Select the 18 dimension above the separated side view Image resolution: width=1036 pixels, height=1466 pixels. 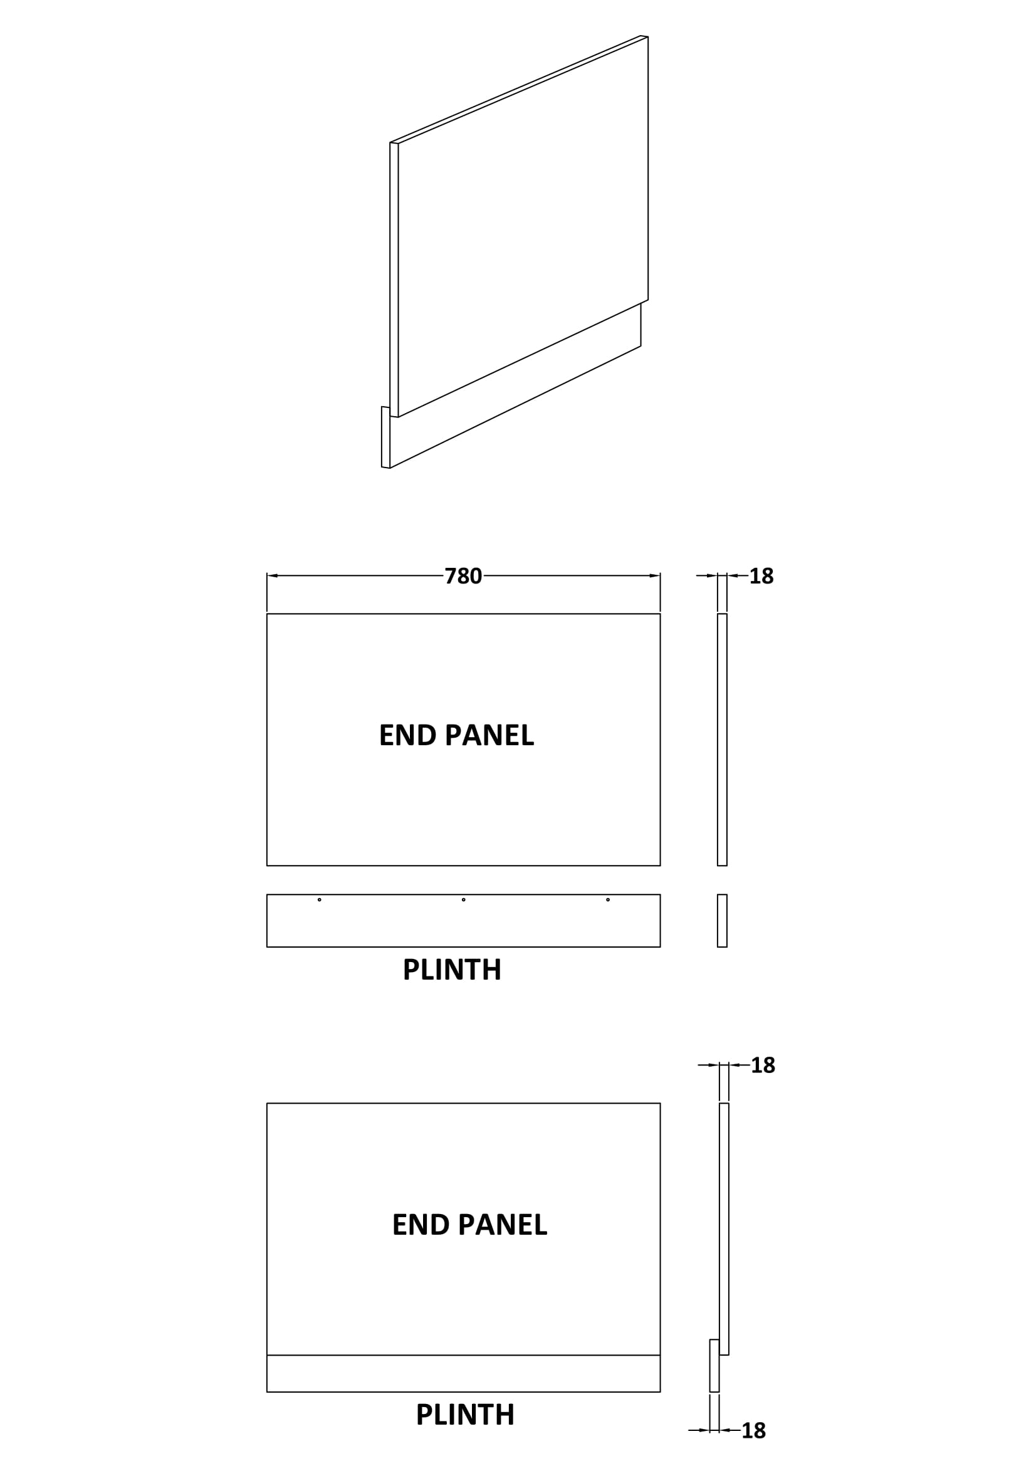(761, 576)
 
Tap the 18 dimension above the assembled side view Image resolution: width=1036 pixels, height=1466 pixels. (763, 1065)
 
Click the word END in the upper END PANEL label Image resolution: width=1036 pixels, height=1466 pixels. (407, 736)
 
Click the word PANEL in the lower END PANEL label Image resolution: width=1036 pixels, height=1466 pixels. (503, 1225)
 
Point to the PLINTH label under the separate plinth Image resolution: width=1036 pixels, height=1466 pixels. (452, 970)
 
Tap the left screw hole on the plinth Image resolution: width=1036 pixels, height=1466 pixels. (319, 899)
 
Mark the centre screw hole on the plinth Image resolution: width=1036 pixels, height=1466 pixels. (463, 899)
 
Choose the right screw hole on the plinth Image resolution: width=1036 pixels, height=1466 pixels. (608, 899)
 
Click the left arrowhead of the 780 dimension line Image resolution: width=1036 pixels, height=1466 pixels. (272, 576)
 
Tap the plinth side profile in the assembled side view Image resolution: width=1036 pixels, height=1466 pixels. (714, 1366)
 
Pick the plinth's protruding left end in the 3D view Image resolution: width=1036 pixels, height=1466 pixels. (385, 437)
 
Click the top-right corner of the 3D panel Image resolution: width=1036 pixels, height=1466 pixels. (647, 37)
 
